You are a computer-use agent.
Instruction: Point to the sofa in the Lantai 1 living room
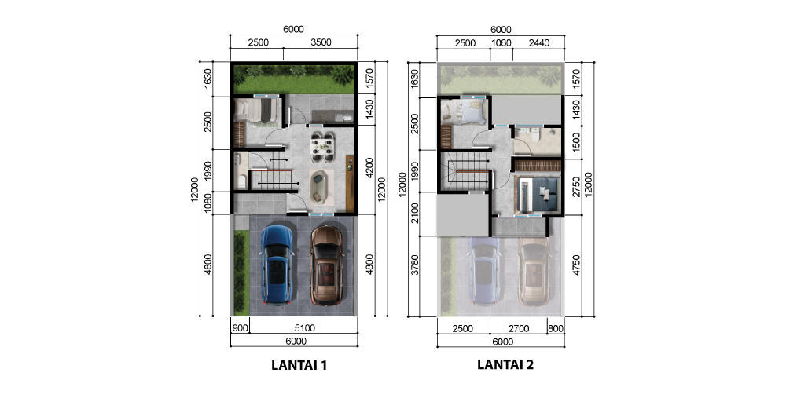tap(321, 186)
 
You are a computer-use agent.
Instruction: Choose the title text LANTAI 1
tap(299, 365)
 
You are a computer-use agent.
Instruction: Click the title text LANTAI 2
tap(505, 364)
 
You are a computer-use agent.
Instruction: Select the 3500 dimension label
tap(321, 42)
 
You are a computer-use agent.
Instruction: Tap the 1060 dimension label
tap(501, 43)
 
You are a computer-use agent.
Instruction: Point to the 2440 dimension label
tap(539, 43)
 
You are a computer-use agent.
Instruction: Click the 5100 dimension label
tap(304, 328)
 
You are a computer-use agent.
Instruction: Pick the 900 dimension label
tap(240, 328)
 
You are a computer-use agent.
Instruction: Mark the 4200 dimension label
tap(369, 168)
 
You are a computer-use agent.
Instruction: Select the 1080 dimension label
tap(208, 203)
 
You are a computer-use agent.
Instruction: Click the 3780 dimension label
tap(414, 265)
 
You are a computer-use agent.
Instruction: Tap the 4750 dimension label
tap(576, 265)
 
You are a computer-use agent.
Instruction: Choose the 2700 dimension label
tap(518, 329)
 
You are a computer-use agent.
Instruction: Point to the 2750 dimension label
tap(576, 186)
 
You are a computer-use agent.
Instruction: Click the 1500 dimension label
tap(576, 142)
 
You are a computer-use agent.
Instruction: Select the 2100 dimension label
tap(414, 214)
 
